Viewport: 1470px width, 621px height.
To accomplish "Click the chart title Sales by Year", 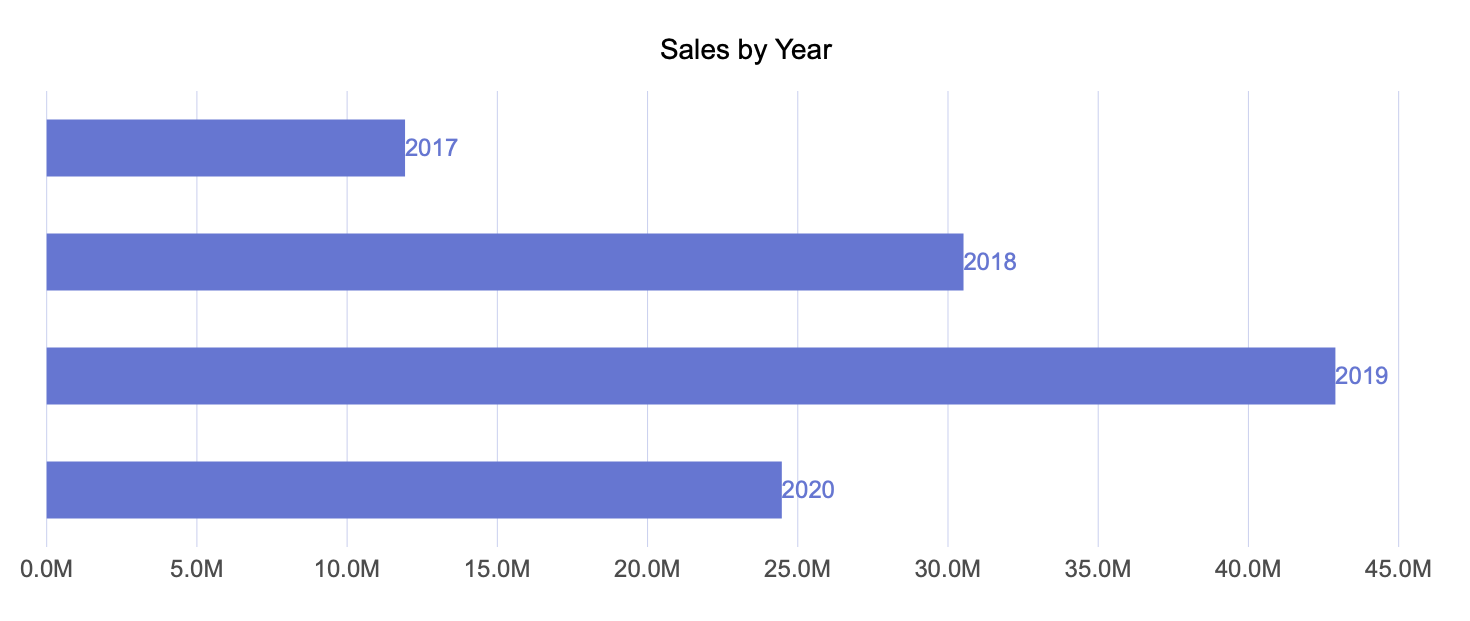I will tap(746, 50).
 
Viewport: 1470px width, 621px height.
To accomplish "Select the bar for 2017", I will tap(225, 148).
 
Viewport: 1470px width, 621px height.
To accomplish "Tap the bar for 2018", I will tap(504, 262).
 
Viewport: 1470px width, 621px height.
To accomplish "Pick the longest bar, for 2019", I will tap(690, 376).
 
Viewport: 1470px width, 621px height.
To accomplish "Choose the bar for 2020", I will tap(413, 490).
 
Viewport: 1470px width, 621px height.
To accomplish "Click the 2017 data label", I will tap(432, 148).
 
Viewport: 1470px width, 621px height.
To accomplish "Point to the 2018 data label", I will tap(990, 262).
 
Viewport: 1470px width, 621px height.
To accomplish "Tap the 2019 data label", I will tap(1362, 376).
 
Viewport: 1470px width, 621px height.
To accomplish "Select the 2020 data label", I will tap(808, 490).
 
